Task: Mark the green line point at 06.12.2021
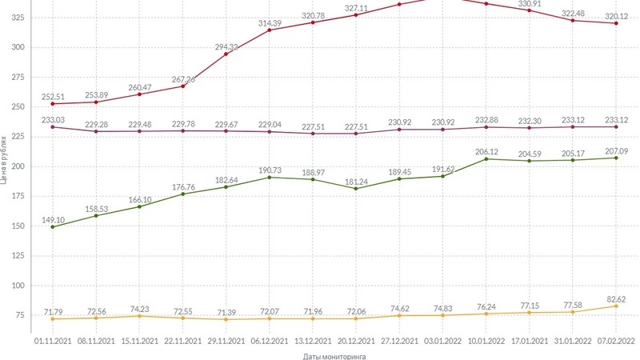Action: click(x=270, y=177)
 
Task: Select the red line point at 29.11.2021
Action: click(x=226, y=54)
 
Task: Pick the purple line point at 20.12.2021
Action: click(x=356, y=134)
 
